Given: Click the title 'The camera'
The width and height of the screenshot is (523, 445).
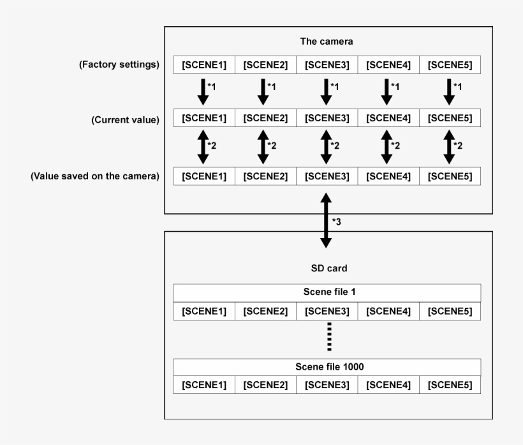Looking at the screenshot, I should (x=327, y=41).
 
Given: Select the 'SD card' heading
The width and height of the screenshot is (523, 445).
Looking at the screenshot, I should (x=327, y=269).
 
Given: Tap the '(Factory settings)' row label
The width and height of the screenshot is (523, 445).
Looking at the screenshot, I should (x=119, y=64).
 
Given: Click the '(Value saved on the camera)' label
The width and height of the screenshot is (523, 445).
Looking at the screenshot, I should (x=95, y=176).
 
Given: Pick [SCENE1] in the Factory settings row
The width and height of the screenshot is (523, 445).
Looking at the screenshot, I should (x=204, y=64).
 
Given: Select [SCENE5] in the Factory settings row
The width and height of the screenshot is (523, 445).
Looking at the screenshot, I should (x=450, y=64).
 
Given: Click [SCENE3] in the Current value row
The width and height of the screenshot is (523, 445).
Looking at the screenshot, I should (x=327, y=119).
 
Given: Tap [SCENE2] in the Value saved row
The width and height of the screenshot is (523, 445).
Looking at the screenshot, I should (x=265, y=176).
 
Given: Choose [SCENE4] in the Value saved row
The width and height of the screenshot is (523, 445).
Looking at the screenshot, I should (x=388, y=176).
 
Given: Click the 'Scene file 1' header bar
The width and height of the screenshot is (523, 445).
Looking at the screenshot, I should (x=327, y=292).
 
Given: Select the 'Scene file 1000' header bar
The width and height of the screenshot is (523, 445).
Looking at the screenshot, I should (x=327, y=366).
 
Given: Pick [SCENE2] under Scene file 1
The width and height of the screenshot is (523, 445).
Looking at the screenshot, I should (x=265, y=311).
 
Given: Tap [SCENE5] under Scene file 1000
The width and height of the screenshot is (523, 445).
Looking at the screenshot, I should (x=450, y=385).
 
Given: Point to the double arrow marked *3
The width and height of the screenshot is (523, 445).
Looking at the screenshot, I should (x=326, y=221).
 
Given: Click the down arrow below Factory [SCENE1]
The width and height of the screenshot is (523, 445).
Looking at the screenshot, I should (x=203, y=91).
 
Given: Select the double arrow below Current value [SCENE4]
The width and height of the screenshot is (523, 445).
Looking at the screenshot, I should (x=387, y=147).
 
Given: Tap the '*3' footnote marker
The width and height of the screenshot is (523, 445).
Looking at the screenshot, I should (x=338, y=221).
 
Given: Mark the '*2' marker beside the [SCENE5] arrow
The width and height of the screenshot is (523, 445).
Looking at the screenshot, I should (x=458, y=146).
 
